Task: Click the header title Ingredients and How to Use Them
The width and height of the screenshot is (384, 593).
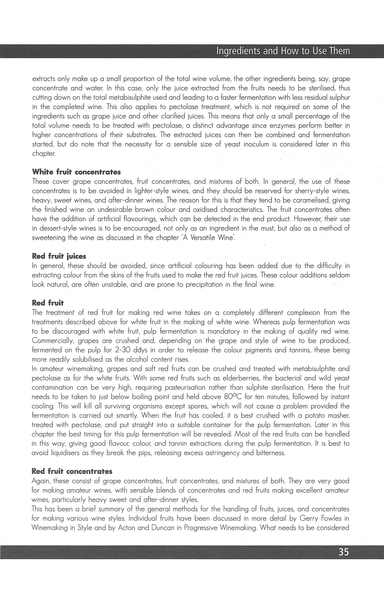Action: (283, 51)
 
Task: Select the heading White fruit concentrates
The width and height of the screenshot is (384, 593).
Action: (76, 172)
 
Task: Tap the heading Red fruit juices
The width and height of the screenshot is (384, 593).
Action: (59, 256)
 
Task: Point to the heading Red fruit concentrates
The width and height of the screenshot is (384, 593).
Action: (72, 471)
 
